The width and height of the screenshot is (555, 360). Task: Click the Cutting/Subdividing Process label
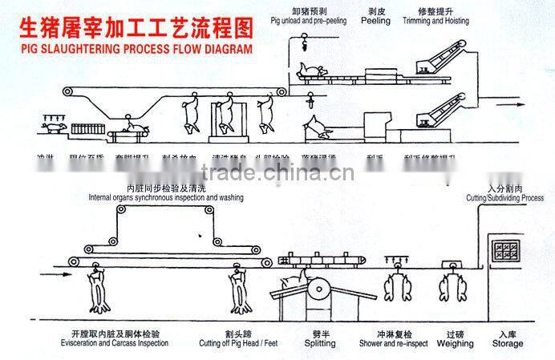tap(504, 197)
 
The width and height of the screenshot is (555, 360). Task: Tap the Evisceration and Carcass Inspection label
tap(108, 343)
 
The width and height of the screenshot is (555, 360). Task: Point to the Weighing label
tap(456, 344)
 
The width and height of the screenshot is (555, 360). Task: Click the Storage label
tap(507, 344)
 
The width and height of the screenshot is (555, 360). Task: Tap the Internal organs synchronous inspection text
tap(166, 196)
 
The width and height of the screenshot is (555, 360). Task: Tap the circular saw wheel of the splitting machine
tap(318, 292)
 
